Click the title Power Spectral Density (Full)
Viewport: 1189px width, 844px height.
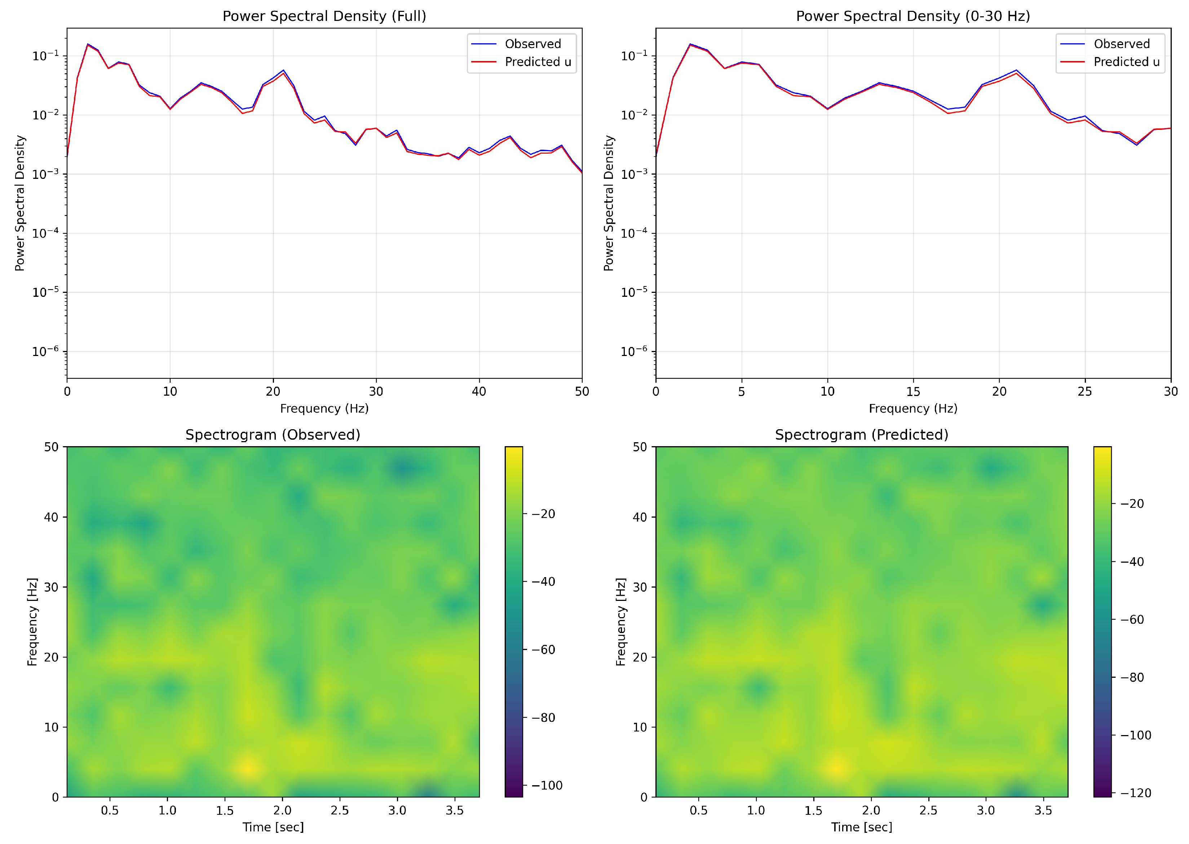[324, 16]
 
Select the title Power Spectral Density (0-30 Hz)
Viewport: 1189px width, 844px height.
[912, 16]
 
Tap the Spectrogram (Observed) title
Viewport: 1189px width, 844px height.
[273, 435]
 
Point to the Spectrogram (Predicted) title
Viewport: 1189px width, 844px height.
[861, 435]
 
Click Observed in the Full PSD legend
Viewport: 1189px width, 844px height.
[533, 44]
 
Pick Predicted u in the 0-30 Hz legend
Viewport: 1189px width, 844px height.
[1126, 62]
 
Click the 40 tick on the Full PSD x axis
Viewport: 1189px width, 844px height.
[479, 391]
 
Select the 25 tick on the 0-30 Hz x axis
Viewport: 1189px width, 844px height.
[1084, 391]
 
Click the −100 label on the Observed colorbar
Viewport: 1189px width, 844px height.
[547, 785]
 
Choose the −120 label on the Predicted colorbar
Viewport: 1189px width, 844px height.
[1136, 793]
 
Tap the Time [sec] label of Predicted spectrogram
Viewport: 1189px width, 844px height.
[861, 827]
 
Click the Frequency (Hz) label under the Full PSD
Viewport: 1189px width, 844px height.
[324, 409]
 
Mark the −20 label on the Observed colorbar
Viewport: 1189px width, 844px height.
[543, 514]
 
